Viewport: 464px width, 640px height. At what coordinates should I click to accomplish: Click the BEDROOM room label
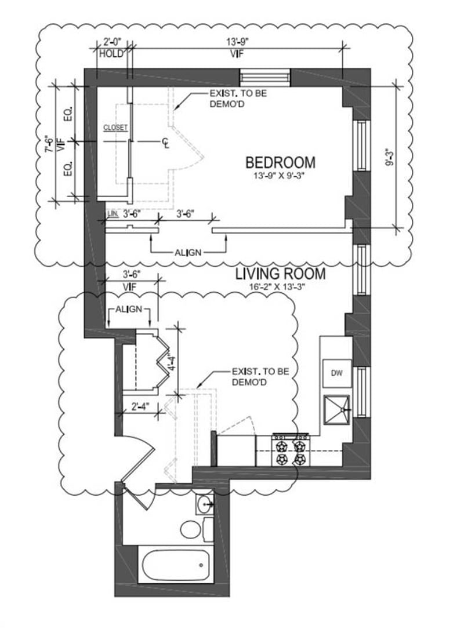(280, 162)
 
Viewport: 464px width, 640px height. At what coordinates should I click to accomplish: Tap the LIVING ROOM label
(280, 274)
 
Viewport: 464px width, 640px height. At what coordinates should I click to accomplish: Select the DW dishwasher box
(337, 373)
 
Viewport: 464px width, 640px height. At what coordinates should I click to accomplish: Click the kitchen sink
(337, 409)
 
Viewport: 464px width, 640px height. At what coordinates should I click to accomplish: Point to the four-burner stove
(291, 450)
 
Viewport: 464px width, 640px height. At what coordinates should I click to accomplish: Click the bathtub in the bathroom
(176, 565)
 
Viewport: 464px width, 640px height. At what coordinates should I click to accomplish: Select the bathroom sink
(204, 505)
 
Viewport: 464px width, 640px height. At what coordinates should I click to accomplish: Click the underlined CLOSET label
(115, 128)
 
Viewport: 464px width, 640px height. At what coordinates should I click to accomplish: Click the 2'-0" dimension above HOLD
(110, 42)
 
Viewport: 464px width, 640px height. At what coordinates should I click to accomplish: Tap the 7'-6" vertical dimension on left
(49, 144)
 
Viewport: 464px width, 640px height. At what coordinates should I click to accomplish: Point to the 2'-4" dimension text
(140, 406)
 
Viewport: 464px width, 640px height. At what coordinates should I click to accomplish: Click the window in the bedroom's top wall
(264, 78)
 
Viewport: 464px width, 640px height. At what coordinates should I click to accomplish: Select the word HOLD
(111, 53)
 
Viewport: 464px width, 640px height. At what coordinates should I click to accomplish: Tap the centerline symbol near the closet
(165, 142)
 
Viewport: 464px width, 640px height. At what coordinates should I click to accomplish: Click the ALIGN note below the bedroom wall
(188, 253)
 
